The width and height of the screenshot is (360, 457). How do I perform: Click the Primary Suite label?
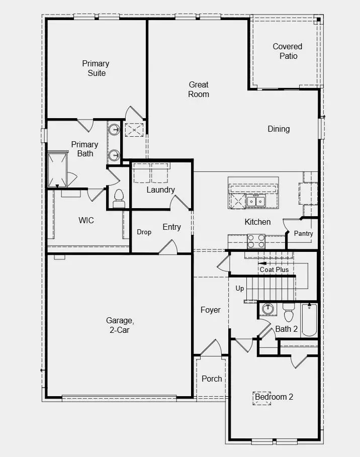tap(96, 68)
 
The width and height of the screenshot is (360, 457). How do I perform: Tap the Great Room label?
tap(199, 89)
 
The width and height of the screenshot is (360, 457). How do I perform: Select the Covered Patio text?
tap(288, 51)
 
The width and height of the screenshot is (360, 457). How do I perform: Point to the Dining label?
tap(279, 129)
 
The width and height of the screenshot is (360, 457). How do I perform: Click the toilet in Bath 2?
tap(289, 313)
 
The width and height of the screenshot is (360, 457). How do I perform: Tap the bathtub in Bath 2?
tap(309, 320)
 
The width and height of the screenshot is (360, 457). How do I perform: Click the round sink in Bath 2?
tap(267, 309)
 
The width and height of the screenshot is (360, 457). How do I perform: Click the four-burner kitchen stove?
tap(256, 241)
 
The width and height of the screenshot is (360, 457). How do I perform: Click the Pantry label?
tap(303, 234)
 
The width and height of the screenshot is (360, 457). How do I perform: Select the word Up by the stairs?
tap(240, 289)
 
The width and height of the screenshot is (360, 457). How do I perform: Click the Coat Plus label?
tap(274, 270)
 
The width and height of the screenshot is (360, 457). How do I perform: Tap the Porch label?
tap(212, 379)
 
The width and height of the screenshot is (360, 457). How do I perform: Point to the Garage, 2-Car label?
tap(120, 325)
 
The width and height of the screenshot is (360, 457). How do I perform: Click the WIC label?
tap(86, 221)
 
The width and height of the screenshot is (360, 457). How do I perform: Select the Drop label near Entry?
tap(144, 232)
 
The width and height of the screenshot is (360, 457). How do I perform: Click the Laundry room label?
tap(160, 190)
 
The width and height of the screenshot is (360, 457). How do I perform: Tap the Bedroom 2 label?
tap(274, 397)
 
